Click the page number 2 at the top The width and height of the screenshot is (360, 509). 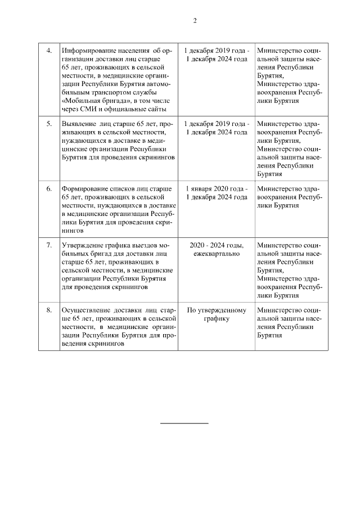click(x=195, y=21)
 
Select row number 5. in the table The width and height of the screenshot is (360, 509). click(x=49, y=123)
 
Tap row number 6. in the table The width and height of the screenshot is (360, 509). click(x=49, y=188)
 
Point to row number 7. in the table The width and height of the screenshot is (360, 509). click(x=49, y=246)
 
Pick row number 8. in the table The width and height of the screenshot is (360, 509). click(x=49, y=310)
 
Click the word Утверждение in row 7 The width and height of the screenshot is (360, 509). click(x=83, y=246)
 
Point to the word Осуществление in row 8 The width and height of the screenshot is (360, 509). click(x=86, y=310)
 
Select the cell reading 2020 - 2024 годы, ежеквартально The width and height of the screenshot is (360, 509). click(x=217, y=250)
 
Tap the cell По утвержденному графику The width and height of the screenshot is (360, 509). click(x=217, y=314)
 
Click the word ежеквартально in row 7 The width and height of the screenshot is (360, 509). click(x=217, y=254)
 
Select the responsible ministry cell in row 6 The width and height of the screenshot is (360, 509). click(x=289, y=197)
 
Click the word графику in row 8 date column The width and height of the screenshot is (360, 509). click(x=217, y=318)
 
